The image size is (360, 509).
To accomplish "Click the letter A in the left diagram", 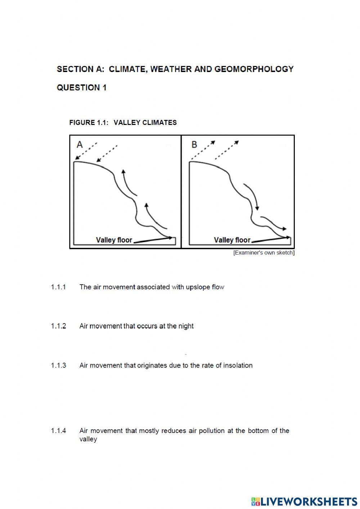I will pyautogui.click(x=80, y=145).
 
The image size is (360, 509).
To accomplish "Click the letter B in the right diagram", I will pyautogui.click(x=194, y=145).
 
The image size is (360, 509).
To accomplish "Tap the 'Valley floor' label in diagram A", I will pyautogui.click(x=114, y=240).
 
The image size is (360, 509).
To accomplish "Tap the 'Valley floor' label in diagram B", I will pyautogui.click(x=232, y=240).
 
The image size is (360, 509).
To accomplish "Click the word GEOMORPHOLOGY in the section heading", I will pyautogui.click(x=254, y=69).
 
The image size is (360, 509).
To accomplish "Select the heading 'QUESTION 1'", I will pyautogui.click(x=82, y=88).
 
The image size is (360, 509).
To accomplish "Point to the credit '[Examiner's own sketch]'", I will pyautogui.click(x=264, y=253).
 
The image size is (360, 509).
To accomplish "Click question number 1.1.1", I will pyautogui.click(x=58, y=287).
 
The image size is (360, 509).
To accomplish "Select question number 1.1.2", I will pyautogui.click(x=58, y=326).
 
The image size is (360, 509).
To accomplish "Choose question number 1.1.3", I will pyautogui.click(x=58, y=365).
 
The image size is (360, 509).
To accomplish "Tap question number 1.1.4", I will pyautogui.click(x=58, y=430).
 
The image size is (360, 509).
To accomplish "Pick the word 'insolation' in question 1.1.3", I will pyautogui.click(x=238, y=365).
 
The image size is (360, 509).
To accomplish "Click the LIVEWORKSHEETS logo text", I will pyautogui.click(x=309, y=501).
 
